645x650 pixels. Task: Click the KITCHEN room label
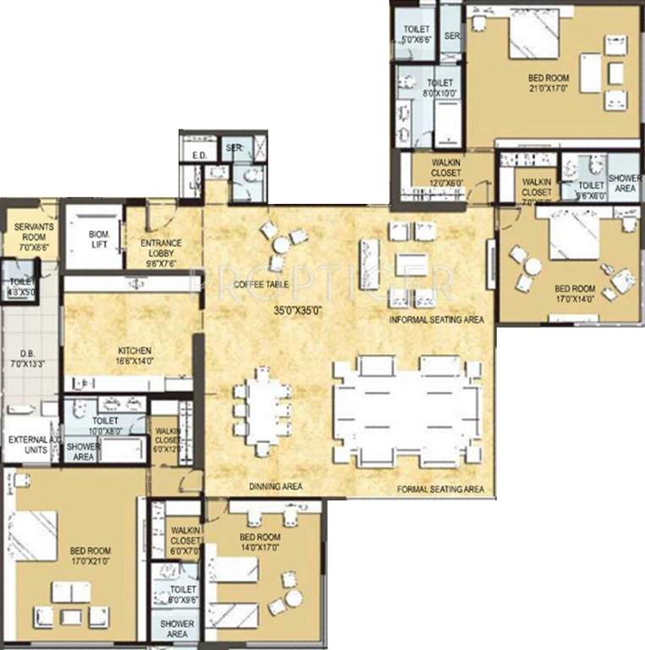click(x=135, y=356)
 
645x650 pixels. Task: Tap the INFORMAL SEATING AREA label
click(x=436, y=321)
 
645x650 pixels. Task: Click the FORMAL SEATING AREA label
click(x=439, y=489)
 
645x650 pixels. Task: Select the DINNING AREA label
click(x=275, y=487)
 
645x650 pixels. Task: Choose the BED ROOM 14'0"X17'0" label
click(x=259, y=543)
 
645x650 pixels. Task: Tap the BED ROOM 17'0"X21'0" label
click(x=90, y=561)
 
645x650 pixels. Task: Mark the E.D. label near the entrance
click(x=200, y=156)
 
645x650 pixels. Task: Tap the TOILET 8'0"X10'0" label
click(x=440, y=89)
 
